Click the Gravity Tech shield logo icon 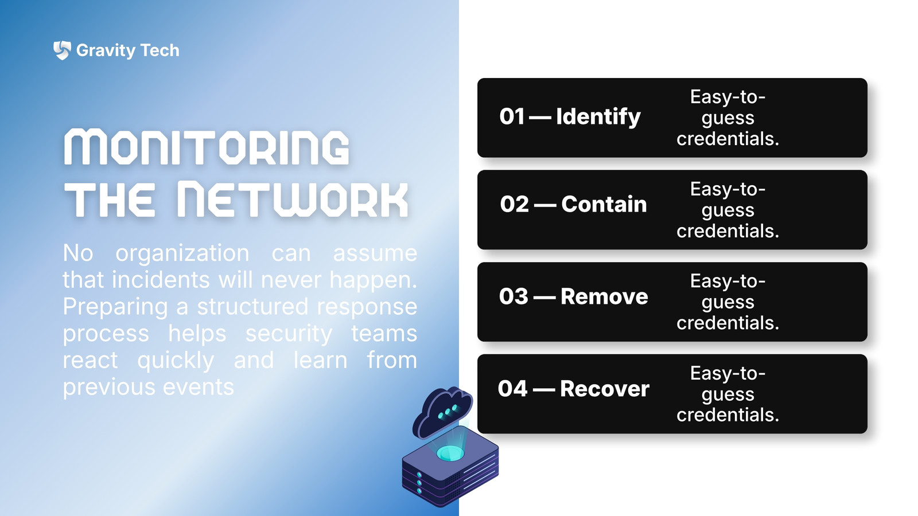click(x=62, y=50)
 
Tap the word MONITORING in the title click(x=207, y=147)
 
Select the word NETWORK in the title click(x=293, y=200)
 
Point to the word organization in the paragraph click(x=182, y=253)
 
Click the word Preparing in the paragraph click(x=115, y=307)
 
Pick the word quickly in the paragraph click(x=176, y=361)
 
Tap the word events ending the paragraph click(x=199, y=387)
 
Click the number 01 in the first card click(x=512, y=116)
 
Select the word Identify click(x=598, y=117)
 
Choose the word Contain click(x=604, y=204)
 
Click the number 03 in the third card click(x=514, y=296)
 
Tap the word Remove click(x=605, y=296)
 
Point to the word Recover click(x=605, y=388)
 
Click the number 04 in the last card click(x=512, y=388)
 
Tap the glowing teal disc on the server click(x=450, y=454)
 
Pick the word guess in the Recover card click(x=728, y=395)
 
